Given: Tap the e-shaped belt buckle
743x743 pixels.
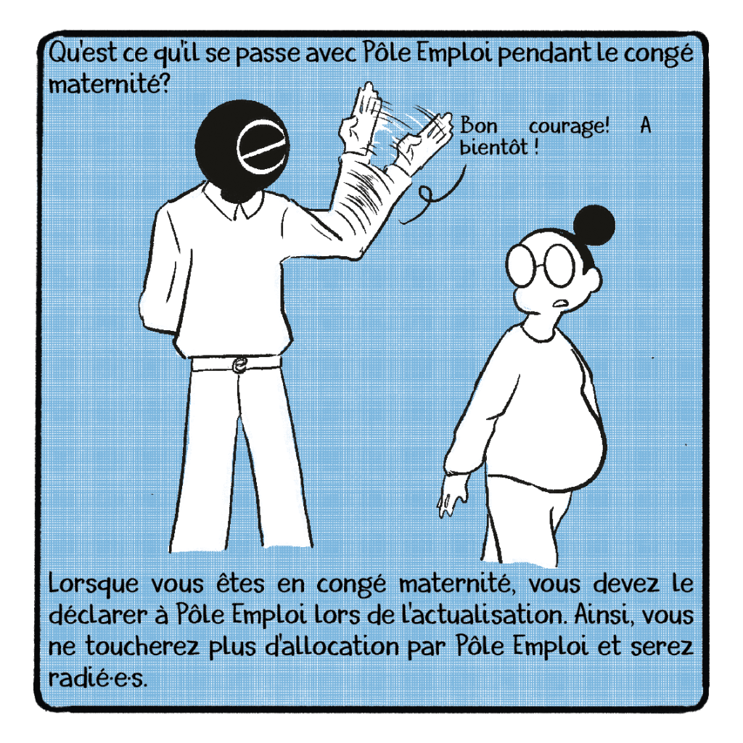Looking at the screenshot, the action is (x=239, y=365).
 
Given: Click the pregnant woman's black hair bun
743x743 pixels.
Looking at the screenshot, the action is (x=594, y=225).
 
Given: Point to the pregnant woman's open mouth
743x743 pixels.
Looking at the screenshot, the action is (x=561, y=303).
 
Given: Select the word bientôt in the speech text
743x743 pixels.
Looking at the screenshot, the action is (x=493, y=147).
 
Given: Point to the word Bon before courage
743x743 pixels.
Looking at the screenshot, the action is (x=479, y=126).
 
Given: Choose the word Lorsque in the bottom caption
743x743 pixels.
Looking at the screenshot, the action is (x=94, y=585).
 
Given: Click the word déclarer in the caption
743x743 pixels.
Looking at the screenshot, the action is (x=99, y=615).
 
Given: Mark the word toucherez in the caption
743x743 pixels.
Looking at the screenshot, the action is (x=143, y=646).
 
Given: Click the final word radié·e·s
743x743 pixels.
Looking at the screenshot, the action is (x=98, y=678).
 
